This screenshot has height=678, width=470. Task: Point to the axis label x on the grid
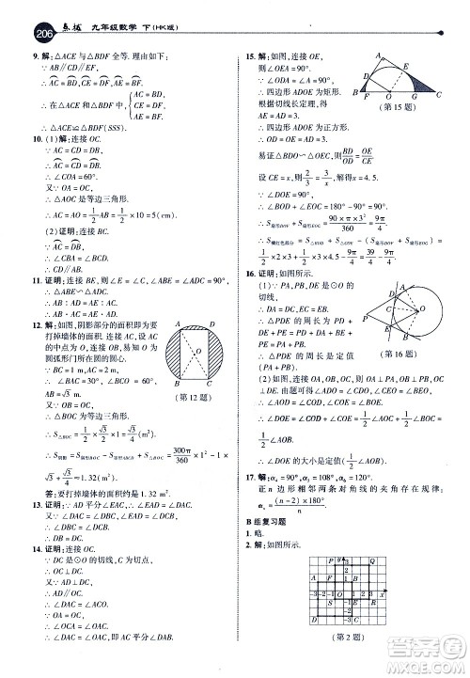pyautogui.click(x=383, y=593)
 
